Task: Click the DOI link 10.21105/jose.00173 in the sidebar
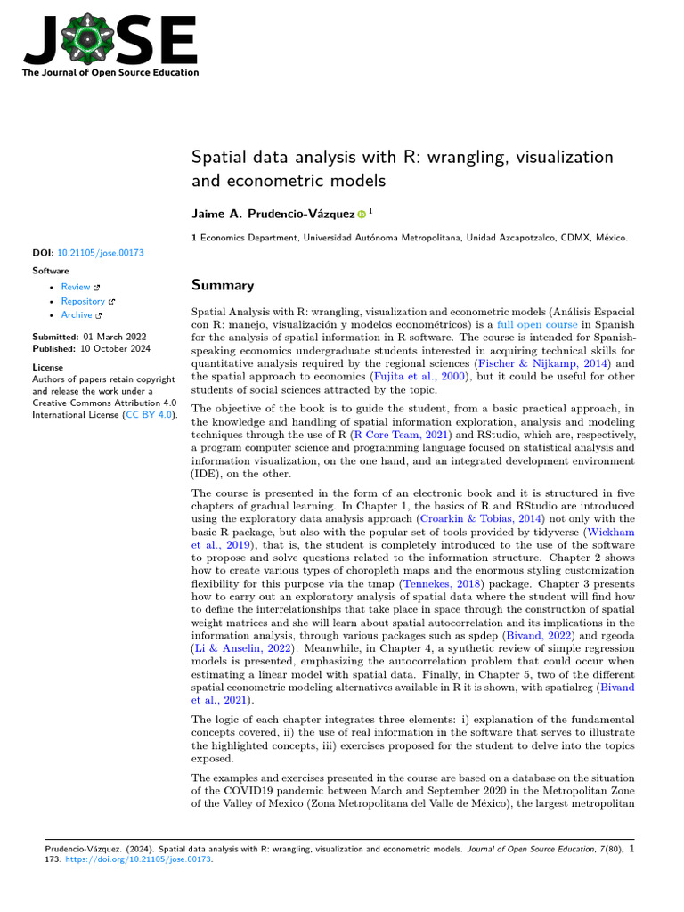click(x=100, y=253)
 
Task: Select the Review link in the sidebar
click(x=76, y=287)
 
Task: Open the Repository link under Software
click(x=83, y=301)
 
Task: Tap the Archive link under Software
click(x=77, y=315)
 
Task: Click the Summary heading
click(x=223, y=286)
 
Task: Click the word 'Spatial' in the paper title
click(x=218, y=158)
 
